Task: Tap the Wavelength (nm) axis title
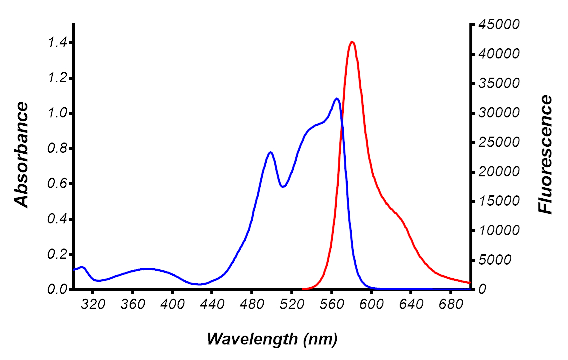point(272,339)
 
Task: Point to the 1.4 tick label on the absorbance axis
point(56,43)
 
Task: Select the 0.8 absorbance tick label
point(56,149)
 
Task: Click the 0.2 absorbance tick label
point(56,254)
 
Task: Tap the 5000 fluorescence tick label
point(501,260)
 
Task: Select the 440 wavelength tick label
point(212,305)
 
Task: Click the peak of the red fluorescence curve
point(352,42)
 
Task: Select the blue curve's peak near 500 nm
point(271,152)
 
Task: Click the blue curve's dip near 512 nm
point(283,187)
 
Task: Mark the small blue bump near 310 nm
point(82,267)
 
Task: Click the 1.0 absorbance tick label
point(56,113)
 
